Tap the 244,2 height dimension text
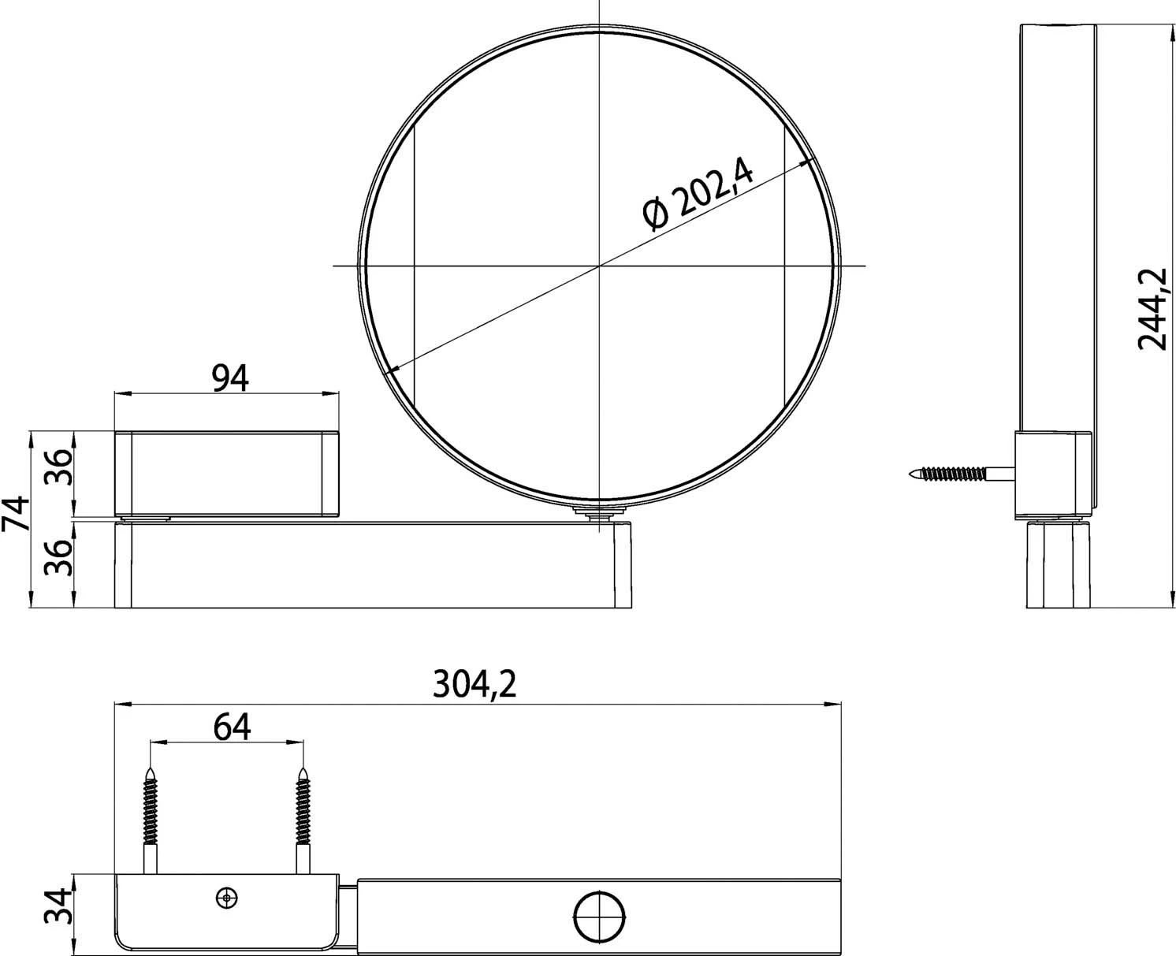(x=1153, y=310)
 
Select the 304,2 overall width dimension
(x=474, y=684)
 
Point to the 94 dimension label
(x=230, y=378)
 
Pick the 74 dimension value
(x=16, y=513)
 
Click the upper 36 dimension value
(x=58, y=467)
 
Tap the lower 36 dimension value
(x=58, y=558)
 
